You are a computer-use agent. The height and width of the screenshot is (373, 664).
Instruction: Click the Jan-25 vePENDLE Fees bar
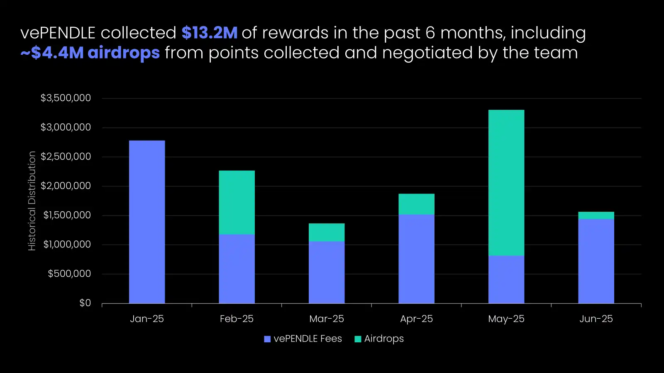coord(147,222)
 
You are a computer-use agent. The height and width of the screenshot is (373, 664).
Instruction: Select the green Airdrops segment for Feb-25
coord(237,202)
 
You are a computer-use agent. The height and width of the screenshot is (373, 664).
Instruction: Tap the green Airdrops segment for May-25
coord(506,182)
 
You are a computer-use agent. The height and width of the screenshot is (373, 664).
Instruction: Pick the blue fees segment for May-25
coord(506,279)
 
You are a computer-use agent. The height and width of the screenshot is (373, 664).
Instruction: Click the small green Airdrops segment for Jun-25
coord(596,216)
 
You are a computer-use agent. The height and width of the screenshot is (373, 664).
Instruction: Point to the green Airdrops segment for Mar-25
coord(327,232)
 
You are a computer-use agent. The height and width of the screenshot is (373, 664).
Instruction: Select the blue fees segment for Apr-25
coord(416,259)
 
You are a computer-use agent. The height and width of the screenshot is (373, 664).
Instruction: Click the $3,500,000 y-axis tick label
coord(66,98)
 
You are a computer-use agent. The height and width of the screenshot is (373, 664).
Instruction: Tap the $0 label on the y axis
coord(85,303)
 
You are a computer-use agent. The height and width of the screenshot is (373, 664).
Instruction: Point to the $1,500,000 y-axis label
coord(67,215)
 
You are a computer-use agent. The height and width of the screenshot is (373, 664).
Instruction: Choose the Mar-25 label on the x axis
coord(327,319)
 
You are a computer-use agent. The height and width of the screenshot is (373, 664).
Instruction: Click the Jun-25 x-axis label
coord(596,319)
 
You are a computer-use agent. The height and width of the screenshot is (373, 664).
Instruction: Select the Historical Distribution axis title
coord(32,201)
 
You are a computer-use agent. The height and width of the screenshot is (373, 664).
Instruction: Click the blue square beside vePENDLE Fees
coord(267,339)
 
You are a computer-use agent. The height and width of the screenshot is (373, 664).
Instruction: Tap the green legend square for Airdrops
coord(358,339)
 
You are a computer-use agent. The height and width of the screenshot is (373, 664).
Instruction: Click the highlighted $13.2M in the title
coord(210,33)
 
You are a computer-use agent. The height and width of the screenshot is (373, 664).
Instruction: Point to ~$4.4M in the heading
coord(52,53)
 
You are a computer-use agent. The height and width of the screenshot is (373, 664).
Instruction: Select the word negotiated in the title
coord(427,53)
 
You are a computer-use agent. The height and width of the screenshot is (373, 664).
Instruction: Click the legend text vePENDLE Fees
coord(308,339)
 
